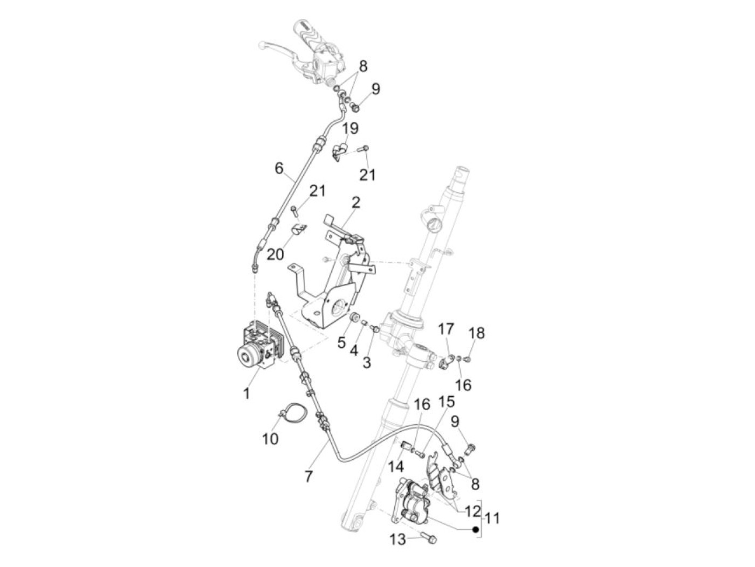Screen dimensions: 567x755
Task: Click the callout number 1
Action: pos(246,393)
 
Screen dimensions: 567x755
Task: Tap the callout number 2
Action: pos(356,203)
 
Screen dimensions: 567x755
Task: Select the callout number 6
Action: pos(279,168)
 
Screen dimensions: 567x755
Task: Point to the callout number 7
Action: pos(308,476)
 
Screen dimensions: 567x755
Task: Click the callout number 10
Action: pos(270,439)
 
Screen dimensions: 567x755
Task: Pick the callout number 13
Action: pos(397,538)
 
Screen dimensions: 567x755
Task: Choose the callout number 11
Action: pos(491,518)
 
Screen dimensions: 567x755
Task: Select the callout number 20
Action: pos(275,254)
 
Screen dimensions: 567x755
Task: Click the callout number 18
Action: pos(477,333)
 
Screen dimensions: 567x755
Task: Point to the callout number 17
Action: pos(446,329)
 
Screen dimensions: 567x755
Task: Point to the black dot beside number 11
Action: pos(475,529)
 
